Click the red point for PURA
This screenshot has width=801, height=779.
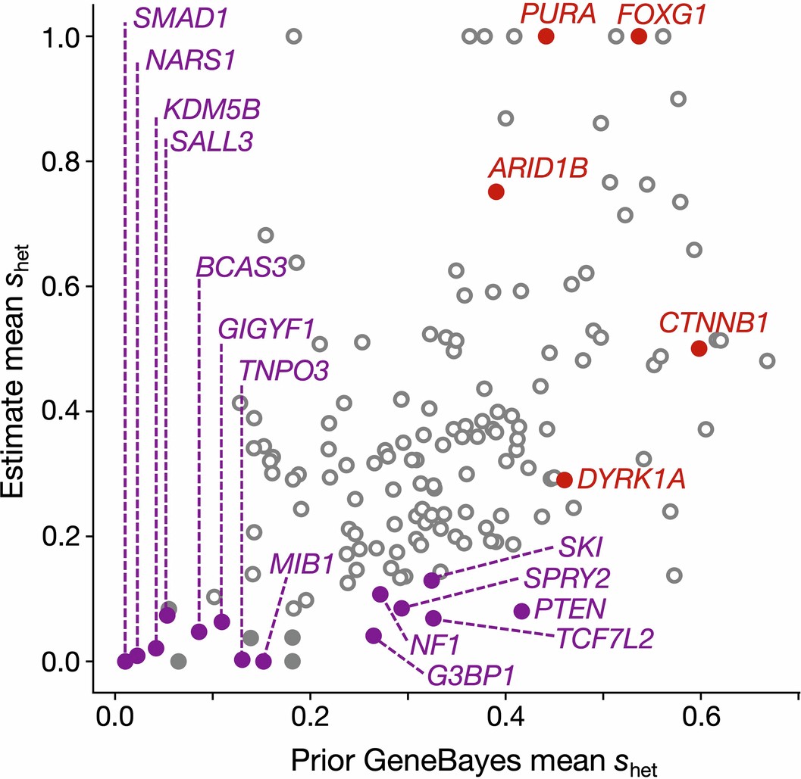(x=546, y=36)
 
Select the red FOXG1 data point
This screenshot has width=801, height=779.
(x=638, y=36)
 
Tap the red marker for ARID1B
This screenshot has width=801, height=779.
(x=496, y=192)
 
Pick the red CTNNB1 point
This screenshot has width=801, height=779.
(x=699, y=348)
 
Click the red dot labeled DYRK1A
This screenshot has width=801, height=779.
(x=564, y=479)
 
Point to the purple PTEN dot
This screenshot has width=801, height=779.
(x=521, y=611)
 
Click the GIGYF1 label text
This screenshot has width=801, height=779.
(x=265, y=330)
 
